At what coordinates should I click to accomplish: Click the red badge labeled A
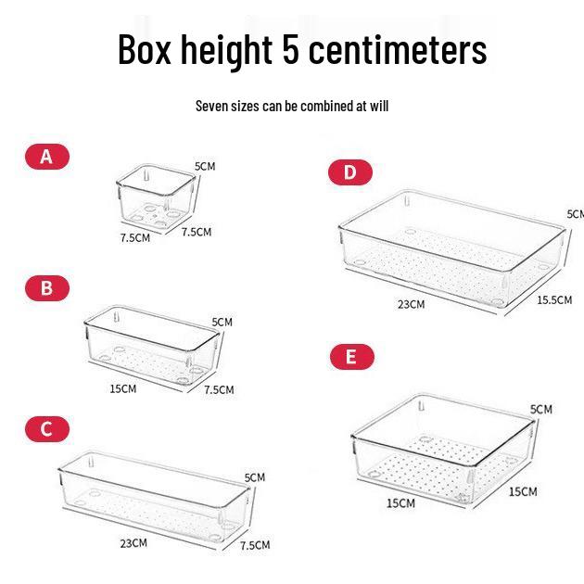click(x=46, y=157)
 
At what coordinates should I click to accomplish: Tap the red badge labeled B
click(x=46, y=288)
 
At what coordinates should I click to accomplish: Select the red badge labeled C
click(x=46, y=429)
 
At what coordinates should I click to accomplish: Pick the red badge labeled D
click(x=349, y=172)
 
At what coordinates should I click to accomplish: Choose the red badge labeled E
click(x=349, y=357)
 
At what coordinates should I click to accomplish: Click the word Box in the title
click(x=146, y=50)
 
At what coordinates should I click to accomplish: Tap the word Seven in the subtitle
click(x=215, y=106)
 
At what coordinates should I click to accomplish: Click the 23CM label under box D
click(x=411, y=304)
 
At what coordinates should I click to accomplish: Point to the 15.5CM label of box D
click(x=554, y=299)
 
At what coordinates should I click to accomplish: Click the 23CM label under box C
click(x=133, y=542)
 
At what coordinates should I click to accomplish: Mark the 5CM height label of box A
click(x=204, y=166)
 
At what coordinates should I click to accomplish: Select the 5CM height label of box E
click(x=541, y=409)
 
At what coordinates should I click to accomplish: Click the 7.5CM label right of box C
click(x=254, y=545)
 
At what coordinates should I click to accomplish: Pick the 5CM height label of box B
click(x=222, y=322)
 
